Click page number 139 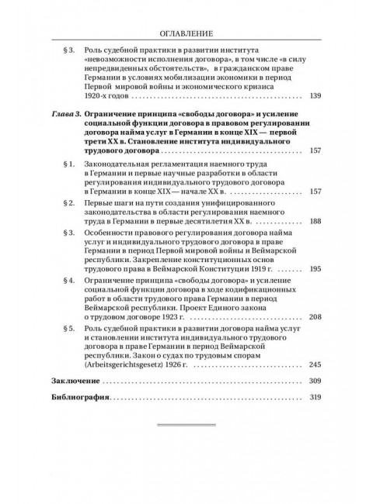click(x=315, y=96)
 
